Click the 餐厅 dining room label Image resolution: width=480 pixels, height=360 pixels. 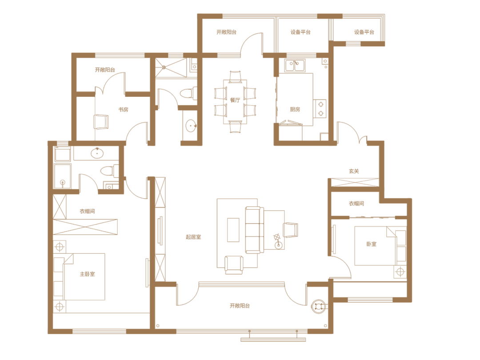tap(235, 100)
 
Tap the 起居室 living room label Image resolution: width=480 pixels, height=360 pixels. tap(193, 236)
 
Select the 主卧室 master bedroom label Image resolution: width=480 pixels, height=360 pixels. tap(87, 274)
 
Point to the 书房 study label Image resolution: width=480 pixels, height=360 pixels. tap(124, 110)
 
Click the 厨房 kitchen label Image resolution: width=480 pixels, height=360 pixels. tap(295, 109)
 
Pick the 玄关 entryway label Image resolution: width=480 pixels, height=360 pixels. tap(354, 171)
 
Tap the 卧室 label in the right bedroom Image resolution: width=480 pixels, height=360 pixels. tap(371, 244)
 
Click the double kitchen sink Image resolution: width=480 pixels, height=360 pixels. tap(295, 65)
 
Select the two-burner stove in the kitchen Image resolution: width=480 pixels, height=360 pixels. tap(320, 109)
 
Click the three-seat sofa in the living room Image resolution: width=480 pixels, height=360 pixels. tap(254, 230)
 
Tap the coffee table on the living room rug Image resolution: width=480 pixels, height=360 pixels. tap(233, 230)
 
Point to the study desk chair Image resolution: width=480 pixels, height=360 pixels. tap(101, 122)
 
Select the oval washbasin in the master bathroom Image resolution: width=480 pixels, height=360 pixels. tap(97, 153)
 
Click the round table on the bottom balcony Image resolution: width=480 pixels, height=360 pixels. tap(319, 306)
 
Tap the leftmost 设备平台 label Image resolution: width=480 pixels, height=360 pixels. tap(300, 32)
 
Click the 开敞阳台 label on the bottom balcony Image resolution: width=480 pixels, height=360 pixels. tap(240, 305)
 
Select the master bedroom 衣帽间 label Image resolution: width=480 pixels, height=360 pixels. tap(87, 211)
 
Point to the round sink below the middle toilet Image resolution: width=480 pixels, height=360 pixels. tap(191, 125)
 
